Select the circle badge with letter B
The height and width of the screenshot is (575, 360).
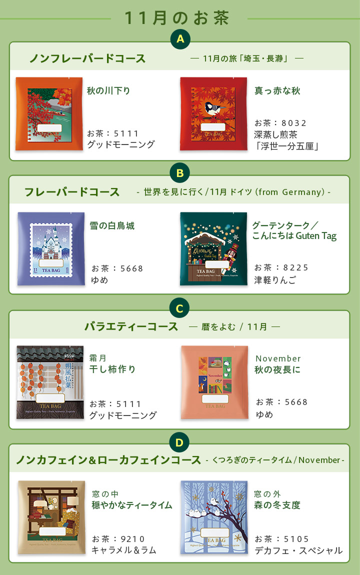(x=180, y=173)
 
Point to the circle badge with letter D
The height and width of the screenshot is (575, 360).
(x=180, y=442)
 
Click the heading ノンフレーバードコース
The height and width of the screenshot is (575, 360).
(x=87, y=58)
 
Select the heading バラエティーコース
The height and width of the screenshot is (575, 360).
(x=131, y=327)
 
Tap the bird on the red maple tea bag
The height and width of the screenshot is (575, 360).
(x=214, y=107)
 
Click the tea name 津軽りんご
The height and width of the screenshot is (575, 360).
(x=275, y=280)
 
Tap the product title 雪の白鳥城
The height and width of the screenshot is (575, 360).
(x=112, y=226)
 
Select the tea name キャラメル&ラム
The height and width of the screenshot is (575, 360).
(x=124, y=550)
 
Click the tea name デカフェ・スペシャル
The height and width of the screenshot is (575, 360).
(x=298, y=550)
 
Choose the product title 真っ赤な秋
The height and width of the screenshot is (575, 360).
(x=277, y=91)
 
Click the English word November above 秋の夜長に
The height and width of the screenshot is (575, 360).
(x=278, y=358)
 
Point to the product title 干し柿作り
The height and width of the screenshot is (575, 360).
(x=112, y=369)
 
